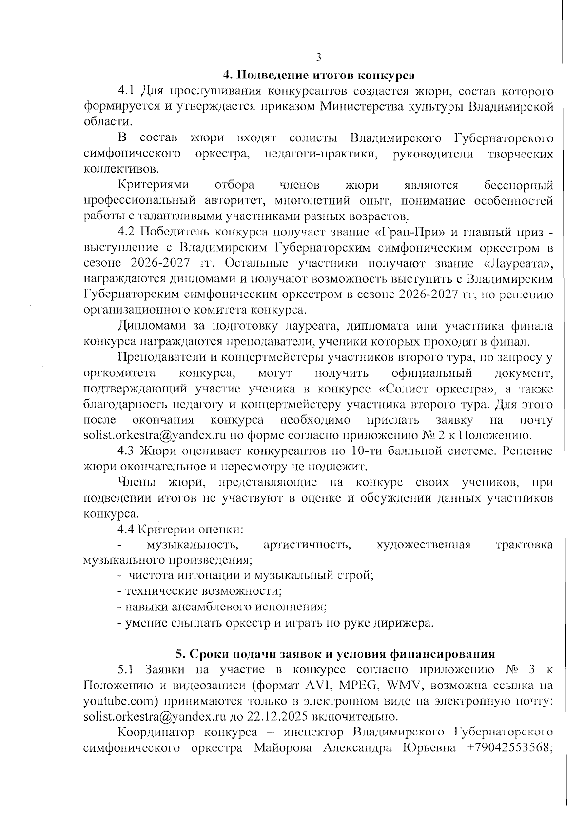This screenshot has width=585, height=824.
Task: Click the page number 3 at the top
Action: (x=318, y=58)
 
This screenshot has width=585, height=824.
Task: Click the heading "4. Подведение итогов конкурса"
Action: (x=318, y=75)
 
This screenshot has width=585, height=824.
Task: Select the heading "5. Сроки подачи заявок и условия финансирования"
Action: (x=335, y=653)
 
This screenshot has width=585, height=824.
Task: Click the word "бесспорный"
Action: (x=518, y=185)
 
